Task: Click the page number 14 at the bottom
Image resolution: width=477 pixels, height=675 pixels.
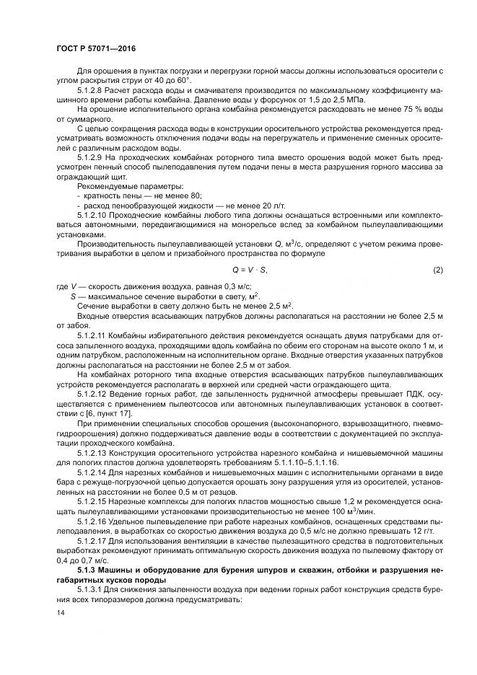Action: pyautogui.click(x=60, y=613)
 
